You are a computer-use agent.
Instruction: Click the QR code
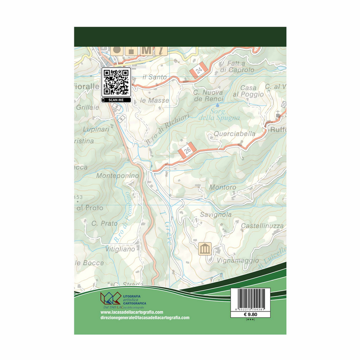coord(116,81)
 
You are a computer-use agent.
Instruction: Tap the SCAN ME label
coord(116,100)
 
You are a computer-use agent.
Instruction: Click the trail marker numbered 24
coord(199,70)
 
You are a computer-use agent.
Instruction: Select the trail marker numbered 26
coord(187,151)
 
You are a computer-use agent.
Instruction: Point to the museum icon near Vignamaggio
coord(205,248)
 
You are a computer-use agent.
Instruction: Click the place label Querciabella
coord(235,133)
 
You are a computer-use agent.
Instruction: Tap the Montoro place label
coord(222,187)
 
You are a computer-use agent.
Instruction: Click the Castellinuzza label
coord(262,226)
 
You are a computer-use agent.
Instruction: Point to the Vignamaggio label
coord(238,259)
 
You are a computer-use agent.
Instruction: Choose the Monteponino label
coord(118,176)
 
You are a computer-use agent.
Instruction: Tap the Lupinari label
coord(96,129)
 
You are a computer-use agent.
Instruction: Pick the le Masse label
coord(154,101)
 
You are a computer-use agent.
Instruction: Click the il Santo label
coord(154,77)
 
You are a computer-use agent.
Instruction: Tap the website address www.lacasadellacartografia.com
coord(132,312)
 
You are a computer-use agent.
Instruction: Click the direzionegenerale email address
coord(145,318)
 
